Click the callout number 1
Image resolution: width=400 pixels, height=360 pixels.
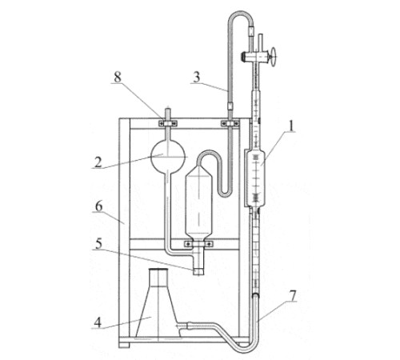click(292, 126)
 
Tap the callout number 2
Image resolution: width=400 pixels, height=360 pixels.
click(98, 162)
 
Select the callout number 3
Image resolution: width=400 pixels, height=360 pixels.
click(197, 78)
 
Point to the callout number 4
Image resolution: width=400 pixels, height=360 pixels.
click(98, 322)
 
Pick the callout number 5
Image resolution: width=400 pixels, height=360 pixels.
click(98, 244)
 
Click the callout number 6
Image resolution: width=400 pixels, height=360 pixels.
click(99, 206)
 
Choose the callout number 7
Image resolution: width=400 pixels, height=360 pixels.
click(293, 296)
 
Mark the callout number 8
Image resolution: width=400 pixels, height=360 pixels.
click(118, 78)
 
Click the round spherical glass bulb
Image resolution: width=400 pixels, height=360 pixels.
click(168, 156)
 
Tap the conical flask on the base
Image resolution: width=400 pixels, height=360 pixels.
click(158, 304)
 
